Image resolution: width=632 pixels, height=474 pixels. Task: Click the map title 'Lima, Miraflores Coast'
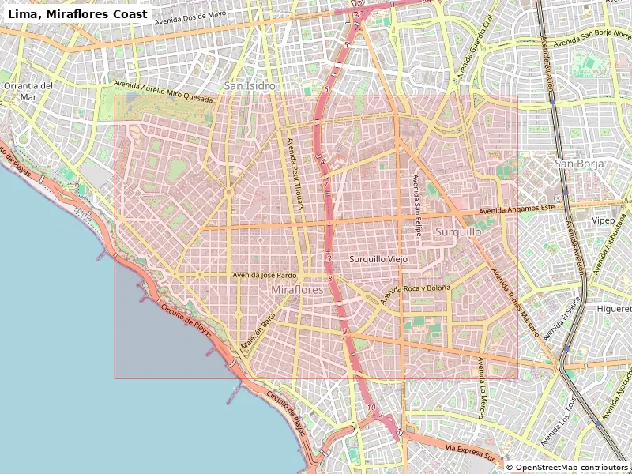click(77, 13)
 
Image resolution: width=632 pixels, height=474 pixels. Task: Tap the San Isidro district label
click(250, 85)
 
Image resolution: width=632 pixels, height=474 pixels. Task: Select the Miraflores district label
click(297, 291)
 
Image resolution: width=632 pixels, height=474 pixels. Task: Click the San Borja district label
click(579, 164)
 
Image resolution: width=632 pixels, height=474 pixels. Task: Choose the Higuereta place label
click(614, 308)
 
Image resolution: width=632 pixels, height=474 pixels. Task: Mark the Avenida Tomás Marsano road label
click(514, 303)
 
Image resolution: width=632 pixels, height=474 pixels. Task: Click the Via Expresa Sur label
click(472, 452)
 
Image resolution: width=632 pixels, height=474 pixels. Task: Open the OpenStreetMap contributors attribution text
click(567, 467)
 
